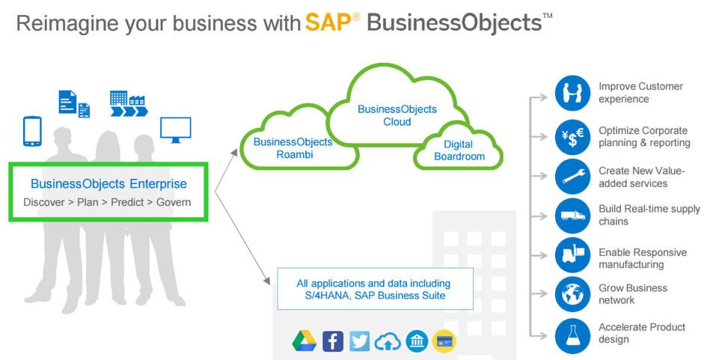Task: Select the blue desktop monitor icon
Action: [176, 128]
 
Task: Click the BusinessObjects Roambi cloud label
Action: [293, 147]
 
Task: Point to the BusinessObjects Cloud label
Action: [397, 115]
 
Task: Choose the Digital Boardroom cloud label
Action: [459, 150]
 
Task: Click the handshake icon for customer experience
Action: [573, 93]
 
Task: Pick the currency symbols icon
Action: [573, 136]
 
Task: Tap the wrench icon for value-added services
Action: [573, 177]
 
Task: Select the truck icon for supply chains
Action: [573, 216]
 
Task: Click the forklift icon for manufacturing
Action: [573, 255]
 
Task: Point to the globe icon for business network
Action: [573, 294]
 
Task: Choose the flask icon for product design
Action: [573, 333]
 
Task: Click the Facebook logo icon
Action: [333, 341]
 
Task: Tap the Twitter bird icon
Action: [360, 341]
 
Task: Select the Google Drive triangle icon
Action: [304, 341]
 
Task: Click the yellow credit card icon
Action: [444, 341]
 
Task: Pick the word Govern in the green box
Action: [174, 202]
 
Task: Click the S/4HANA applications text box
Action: [373, 289]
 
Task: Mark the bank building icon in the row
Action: [417, 341]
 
